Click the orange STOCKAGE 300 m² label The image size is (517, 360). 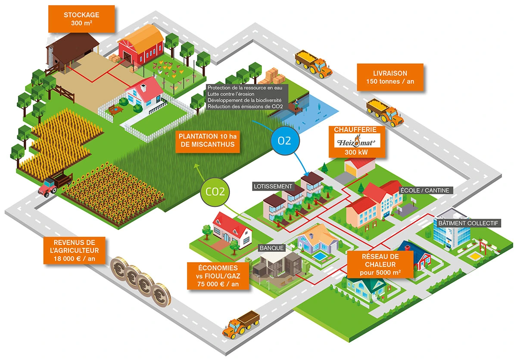click(82, 19)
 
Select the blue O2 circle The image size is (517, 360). click(284, 141)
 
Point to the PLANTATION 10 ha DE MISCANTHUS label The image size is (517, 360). click(207, 140)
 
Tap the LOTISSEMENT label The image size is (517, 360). click(273, 187)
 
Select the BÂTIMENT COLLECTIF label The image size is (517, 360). click(468, 223)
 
